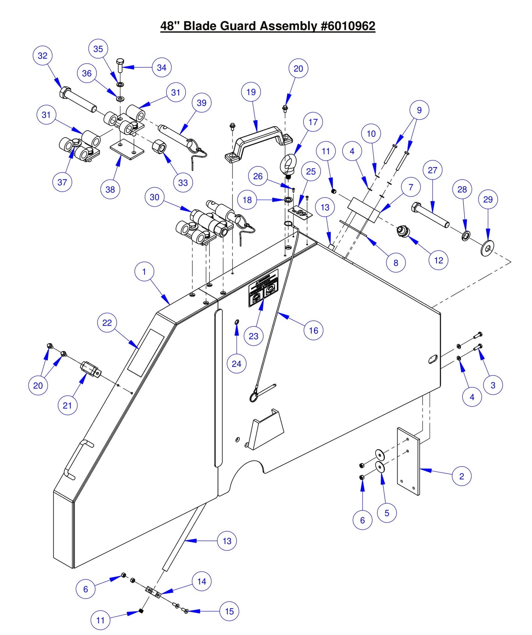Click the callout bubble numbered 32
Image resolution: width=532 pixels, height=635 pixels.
coord(43,56)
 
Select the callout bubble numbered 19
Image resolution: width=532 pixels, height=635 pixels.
coord(251,92)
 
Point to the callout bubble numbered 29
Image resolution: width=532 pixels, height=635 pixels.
coord(488,199)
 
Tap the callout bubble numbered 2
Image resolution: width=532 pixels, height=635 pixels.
coord(462,476)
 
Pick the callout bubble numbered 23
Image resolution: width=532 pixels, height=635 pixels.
coord(254,336)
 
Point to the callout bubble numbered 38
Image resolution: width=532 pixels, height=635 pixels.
coord(110,189)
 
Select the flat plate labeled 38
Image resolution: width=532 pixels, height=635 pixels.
coord(126,149)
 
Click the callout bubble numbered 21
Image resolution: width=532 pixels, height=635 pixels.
coord(67,405)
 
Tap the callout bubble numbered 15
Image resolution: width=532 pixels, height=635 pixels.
coord(229,611)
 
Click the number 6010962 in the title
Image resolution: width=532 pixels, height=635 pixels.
coord(348,26)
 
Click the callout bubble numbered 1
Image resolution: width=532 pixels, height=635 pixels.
coord(144,272)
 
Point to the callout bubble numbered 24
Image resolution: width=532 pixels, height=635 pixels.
coord(236,364)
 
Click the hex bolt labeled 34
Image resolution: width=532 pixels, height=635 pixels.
coord(120,66)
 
